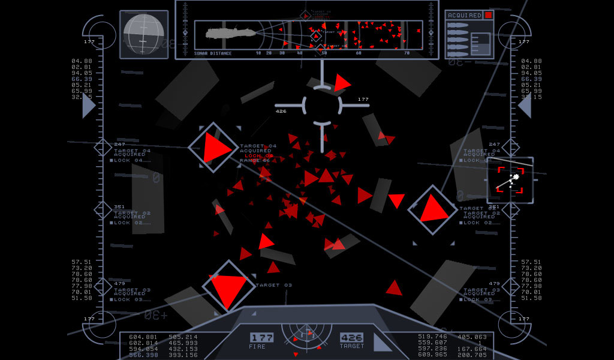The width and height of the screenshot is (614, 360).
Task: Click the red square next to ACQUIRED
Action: click(x=489, y=14)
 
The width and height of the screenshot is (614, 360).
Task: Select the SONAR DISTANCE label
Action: click(x=213, y=53)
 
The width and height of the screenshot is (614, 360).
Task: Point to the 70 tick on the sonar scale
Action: click(x=407, y=53)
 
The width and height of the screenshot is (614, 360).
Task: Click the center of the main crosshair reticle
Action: click(x=322, y=105)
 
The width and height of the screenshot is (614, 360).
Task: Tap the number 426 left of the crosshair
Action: click(x=281, y=111)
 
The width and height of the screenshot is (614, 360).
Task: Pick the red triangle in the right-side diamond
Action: click(x=432, y=209)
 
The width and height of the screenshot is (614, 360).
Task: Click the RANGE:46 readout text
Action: click(x=255, y=160)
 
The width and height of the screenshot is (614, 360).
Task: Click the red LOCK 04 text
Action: click(x=259, y=155)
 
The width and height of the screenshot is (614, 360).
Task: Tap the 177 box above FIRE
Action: click(x=261, y=338)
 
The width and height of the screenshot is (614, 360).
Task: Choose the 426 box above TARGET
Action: click(x=351, y=338)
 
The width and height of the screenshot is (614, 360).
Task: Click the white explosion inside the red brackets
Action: click(x=513, y=179)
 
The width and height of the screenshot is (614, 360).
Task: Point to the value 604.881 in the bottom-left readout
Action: click(x=143, y=337)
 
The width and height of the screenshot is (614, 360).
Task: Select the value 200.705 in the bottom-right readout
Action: click(x=472, y=355)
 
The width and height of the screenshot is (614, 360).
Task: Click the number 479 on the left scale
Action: click(x=119, y=283)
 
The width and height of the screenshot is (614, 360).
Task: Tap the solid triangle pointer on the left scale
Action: click(x=88, y=106)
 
